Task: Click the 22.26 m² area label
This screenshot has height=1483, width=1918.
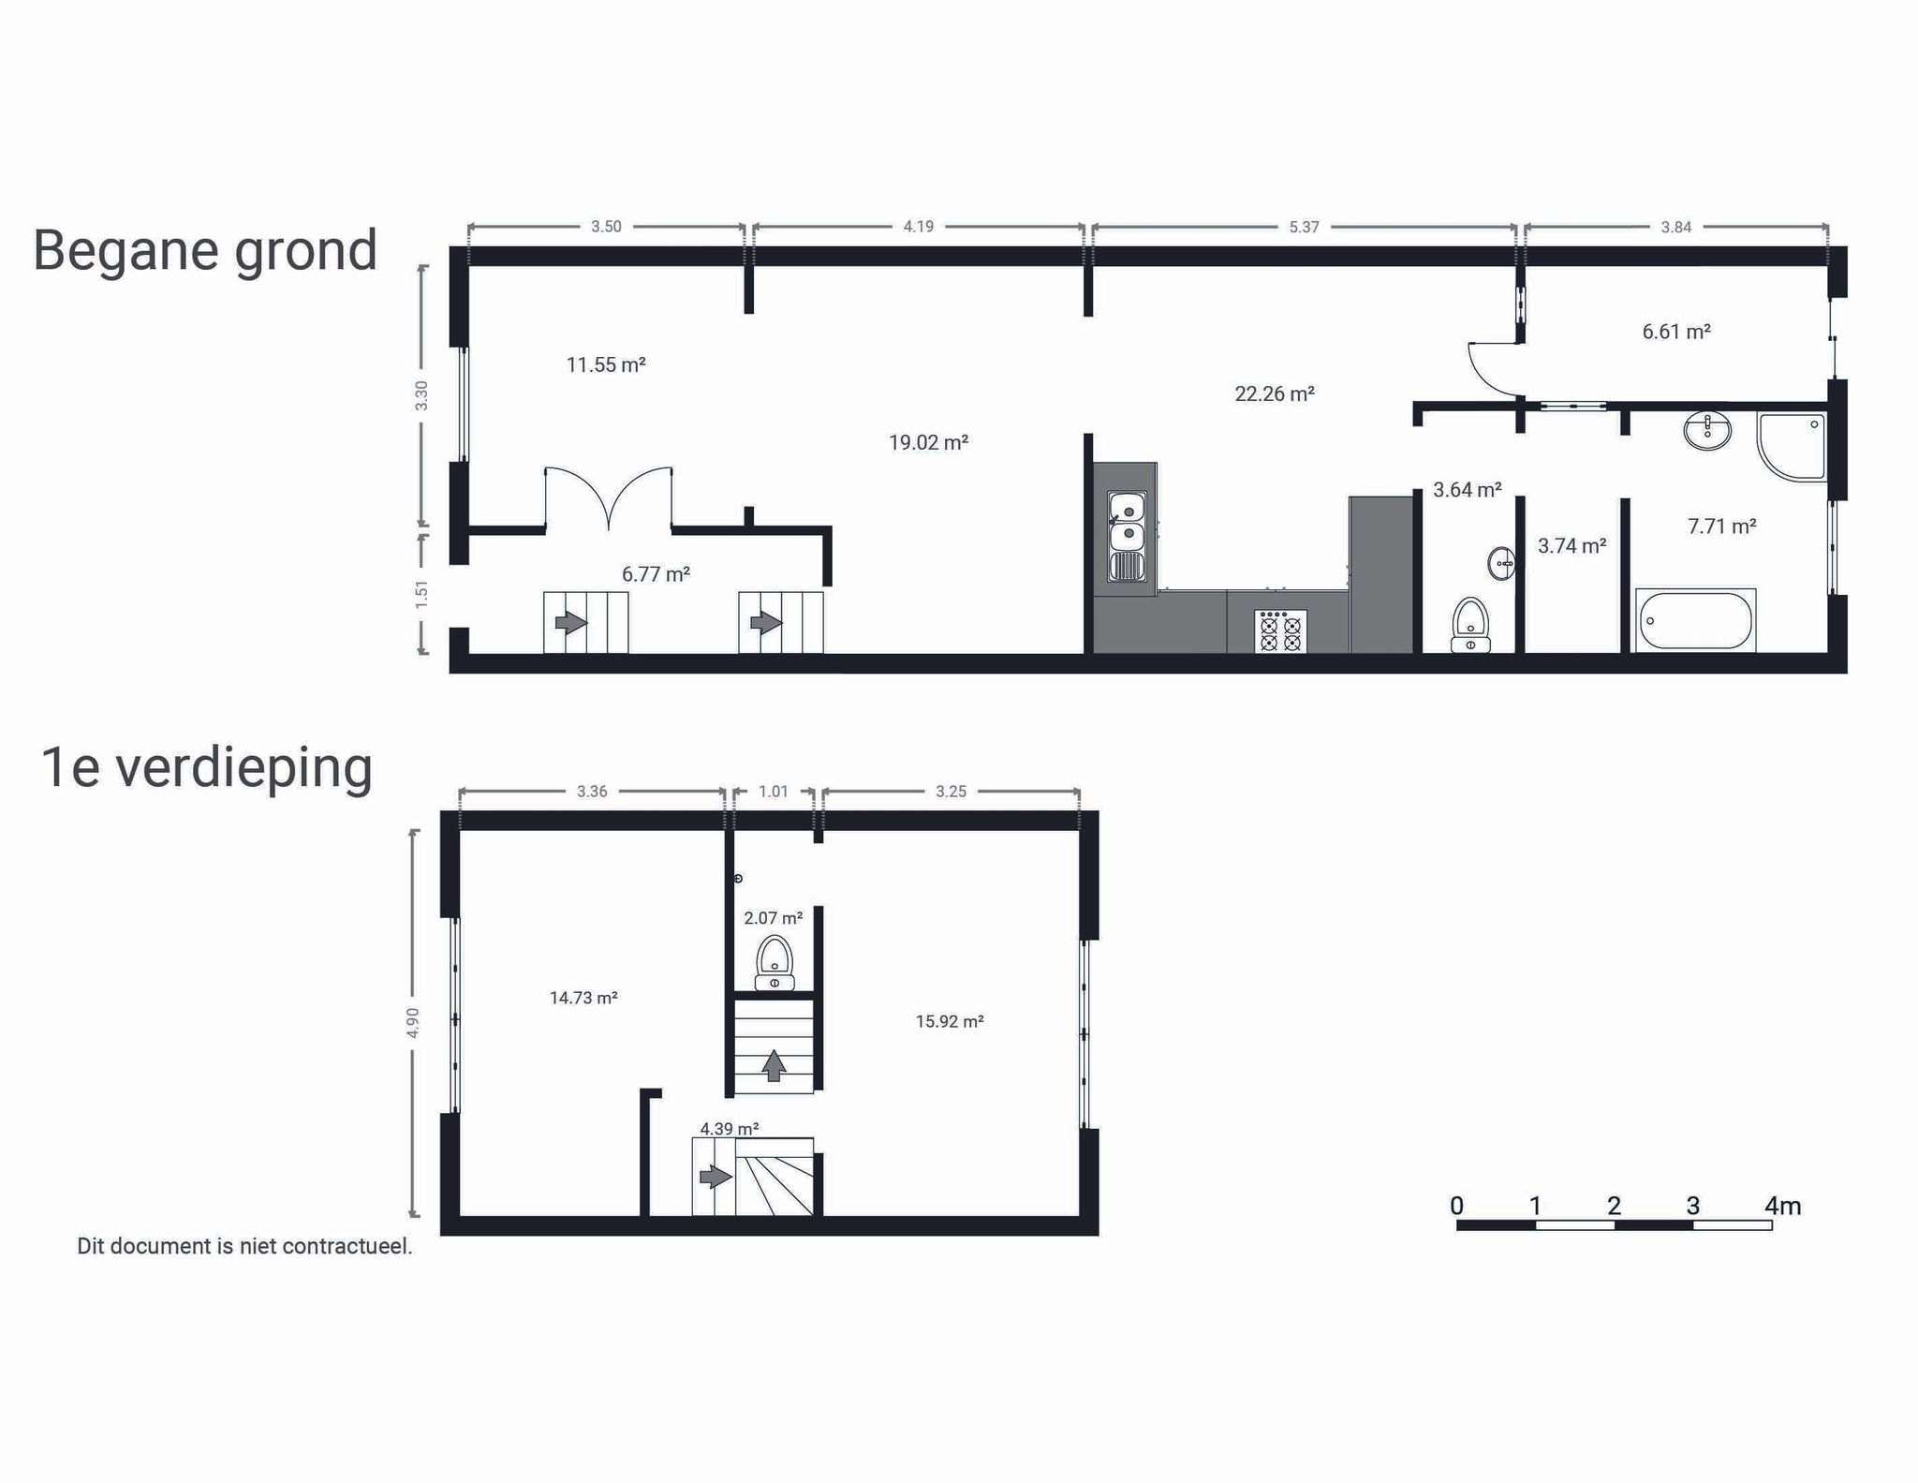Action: [x=1274, y=393]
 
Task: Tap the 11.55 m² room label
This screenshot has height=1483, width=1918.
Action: [x=606, y=364]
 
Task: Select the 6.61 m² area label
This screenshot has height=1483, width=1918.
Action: [x=1676, y=332]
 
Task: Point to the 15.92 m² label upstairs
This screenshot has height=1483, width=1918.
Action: [x=950, y=1021]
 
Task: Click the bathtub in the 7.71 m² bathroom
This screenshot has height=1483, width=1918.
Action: [x=1696, y=620]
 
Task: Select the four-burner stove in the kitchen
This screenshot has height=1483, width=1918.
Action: [x=1280, y=631]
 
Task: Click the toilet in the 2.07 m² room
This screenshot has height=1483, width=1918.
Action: [x=775, y=963]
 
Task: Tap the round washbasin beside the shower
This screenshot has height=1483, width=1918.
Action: [x=1707, y=431]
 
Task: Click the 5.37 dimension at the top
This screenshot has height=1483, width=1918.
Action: [x=1304, y=227]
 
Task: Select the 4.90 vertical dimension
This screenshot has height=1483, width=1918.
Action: [x=413, y=1022]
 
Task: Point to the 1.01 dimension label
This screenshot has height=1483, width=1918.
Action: [x=774, y=792]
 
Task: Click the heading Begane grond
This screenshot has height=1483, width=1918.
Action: [x=205, y=251]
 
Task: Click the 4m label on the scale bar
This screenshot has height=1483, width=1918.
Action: [x=1782, y=1206]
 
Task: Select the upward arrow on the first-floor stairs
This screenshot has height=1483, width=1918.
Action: [x=774, y=1066]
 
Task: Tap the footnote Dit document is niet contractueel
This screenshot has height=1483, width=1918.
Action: [x=244, y=1246]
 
